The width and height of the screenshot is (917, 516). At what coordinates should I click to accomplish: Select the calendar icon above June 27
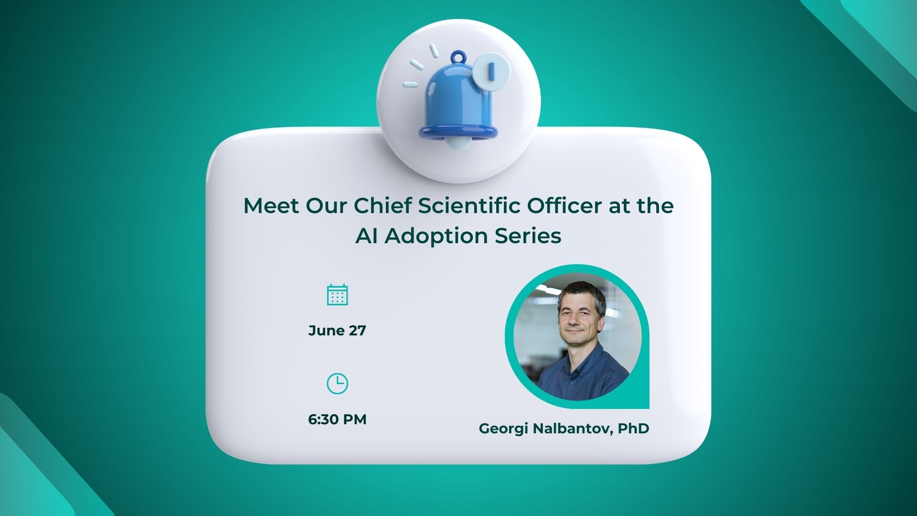[x=337, y=295]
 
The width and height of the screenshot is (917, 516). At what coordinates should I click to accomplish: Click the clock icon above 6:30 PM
[x=337, y=384]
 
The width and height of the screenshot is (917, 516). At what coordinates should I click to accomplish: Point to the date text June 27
[x=337, y=331]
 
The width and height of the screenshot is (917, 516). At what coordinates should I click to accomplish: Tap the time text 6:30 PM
[x=337, y=419]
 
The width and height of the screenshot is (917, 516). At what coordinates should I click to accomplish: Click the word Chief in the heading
[x=383, y=206]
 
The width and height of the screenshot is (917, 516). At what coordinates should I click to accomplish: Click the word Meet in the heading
[x=271, y=206]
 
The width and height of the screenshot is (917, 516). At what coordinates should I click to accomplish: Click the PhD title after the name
[x=633, y=429]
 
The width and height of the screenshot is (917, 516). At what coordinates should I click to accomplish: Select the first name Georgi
[x=503, y=429]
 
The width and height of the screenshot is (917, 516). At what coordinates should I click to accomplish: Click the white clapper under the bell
[x=458, y=142]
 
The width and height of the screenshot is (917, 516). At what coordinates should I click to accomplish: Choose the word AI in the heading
[x=366, y=236]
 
